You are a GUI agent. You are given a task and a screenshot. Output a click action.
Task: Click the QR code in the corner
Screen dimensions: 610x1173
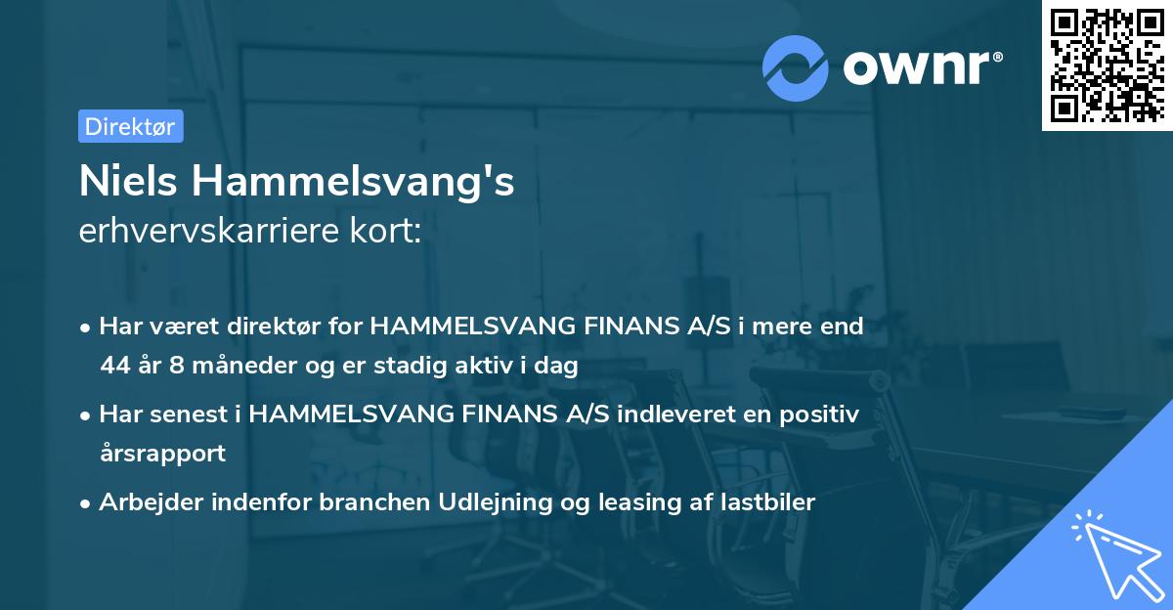(x=1107, y=65)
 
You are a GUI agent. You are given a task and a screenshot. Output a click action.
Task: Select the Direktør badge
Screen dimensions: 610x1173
(x=130, y=126)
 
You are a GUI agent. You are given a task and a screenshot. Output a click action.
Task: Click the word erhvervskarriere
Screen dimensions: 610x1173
(x=209, y=233)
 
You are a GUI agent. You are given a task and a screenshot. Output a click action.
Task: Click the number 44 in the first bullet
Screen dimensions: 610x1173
(x=114, y=367)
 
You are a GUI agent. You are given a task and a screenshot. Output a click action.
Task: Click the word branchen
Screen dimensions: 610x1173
(x=350, y=501)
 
